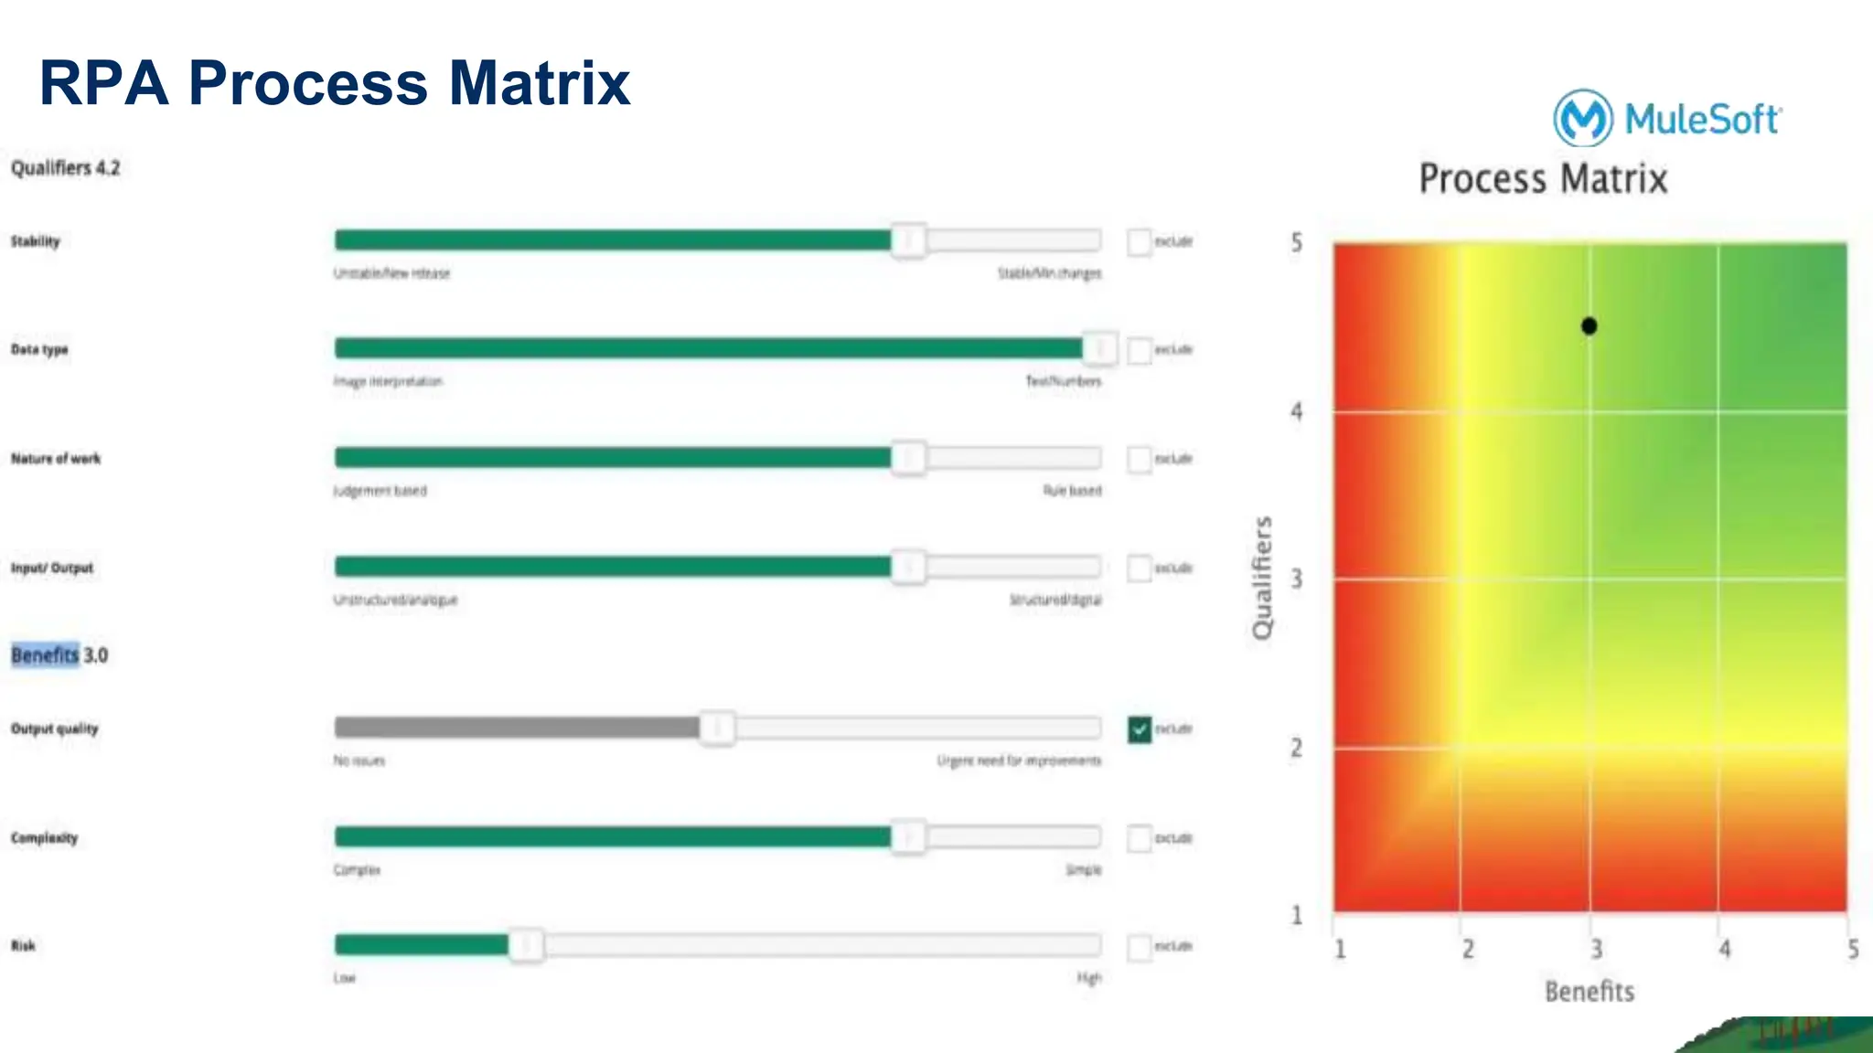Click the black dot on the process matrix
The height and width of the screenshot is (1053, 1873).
point(1589,326)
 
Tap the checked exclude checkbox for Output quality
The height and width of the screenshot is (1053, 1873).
point(1140,729)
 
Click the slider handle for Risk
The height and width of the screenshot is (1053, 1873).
point(526,945)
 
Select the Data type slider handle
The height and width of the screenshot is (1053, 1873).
point(1100,348)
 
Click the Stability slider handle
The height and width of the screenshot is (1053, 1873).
point(908,240)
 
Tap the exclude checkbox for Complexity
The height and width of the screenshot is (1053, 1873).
point(1140,838)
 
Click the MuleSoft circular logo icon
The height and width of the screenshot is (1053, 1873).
point(1583,118)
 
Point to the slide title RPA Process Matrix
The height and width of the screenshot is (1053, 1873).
point(335,83)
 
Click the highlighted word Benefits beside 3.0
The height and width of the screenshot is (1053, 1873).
point(45,655)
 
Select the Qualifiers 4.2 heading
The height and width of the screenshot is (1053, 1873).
point(65,168)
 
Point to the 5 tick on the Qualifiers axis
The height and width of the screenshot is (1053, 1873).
point(1297,243)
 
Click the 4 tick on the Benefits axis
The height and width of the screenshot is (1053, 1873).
point(1725,949)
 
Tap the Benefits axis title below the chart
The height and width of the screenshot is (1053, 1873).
point(1589,992)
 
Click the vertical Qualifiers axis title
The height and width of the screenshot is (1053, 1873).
point(1262,578)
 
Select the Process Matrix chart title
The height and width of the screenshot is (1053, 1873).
point(1543,178)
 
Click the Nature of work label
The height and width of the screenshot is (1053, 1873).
point(56,459)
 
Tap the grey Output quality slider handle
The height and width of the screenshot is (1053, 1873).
point(718,729)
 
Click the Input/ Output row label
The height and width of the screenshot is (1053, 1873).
point(52,568)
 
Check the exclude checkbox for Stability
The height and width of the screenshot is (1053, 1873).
point(1140,242)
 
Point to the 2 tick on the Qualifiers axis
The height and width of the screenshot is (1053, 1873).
point(1297,748)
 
